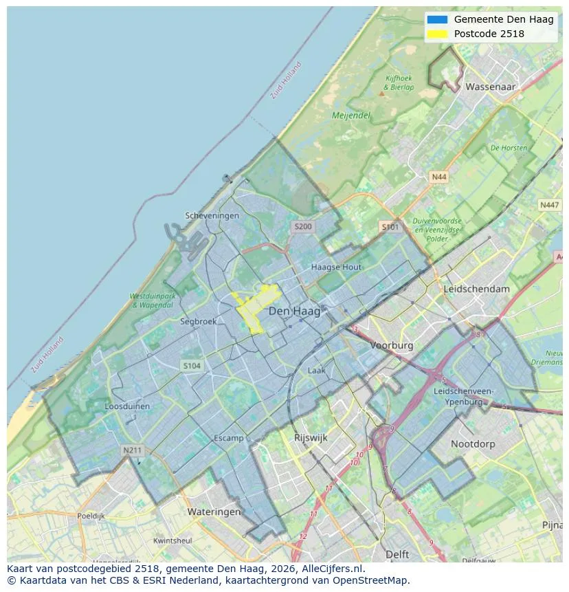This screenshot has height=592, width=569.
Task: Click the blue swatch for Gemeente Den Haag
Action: [x=437, y=20]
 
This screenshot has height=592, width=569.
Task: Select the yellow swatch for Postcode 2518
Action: [x=437, y=34]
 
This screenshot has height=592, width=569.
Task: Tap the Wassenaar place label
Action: [x=491, y=87]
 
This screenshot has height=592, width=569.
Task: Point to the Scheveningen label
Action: [x=212, y=216]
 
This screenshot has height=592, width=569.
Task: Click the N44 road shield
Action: [x=438, y=177]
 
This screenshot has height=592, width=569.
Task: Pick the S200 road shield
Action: [x=302, y=226]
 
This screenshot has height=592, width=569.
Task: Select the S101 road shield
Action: [x=390, y=227]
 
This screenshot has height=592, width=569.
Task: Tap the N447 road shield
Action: [x=549, y=205]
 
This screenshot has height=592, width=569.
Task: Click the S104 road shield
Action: [x=192, y=366]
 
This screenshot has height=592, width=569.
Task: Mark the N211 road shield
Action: [x=132, y=450]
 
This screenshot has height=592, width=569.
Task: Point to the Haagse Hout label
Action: [x=336, y=267]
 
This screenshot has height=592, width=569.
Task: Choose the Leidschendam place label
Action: [x=477, y=289]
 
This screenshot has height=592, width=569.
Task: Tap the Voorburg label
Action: [x=392, y=346]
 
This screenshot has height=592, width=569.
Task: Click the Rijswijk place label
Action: [x=311, y=437]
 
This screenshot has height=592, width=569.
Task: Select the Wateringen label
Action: [x=214, y=512]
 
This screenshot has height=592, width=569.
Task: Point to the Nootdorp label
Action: [x=473, y=444]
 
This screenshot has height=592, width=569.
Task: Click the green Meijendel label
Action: [x=351, y=116]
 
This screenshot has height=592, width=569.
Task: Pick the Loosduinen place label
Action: [x=127, y=406]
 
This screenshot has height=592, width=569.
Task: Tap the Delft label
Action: [x=397, y=554]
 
